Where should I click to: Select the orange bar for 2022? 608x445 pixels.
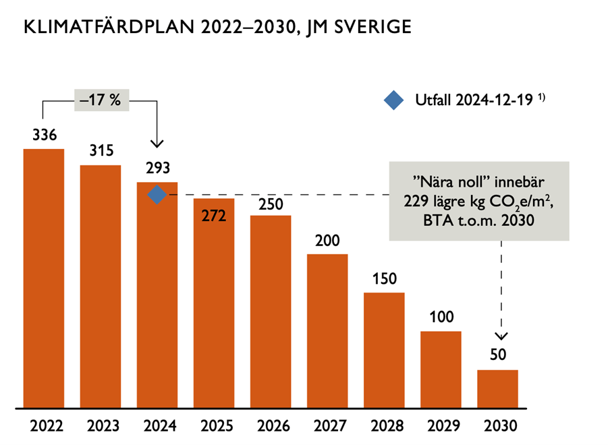(44, 278)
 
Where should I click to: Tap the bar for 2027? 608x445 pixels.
(327, 330)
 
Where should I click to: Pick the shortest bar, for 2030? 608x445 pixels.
(497, 388)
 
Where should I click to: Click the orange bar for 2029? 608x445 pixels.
(441, 369)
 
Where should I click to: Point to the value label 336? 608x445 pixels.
(44, 136)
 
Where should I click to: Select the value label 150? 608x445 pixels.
(384, 279)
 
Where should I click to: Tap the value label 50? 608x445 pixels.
(497, 355)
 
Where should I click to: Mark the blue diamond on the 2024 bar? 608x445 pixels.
(157, 195)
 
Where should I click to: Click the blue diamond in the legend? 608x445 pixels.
(393, 100)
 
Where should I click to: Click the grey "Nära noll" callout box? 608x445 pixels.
(478, 200)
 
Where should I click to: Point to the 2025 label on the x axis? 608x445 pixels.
(214, 427)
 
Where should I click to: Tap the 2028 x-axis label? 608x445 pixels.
(384, 427)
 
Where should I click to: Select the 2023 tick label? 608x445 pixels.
(101, 427)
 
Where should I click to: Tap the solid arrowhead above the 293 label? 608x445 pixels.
(157, 143)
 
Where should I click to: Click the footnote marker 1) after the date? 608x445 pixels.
(541, 98)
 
